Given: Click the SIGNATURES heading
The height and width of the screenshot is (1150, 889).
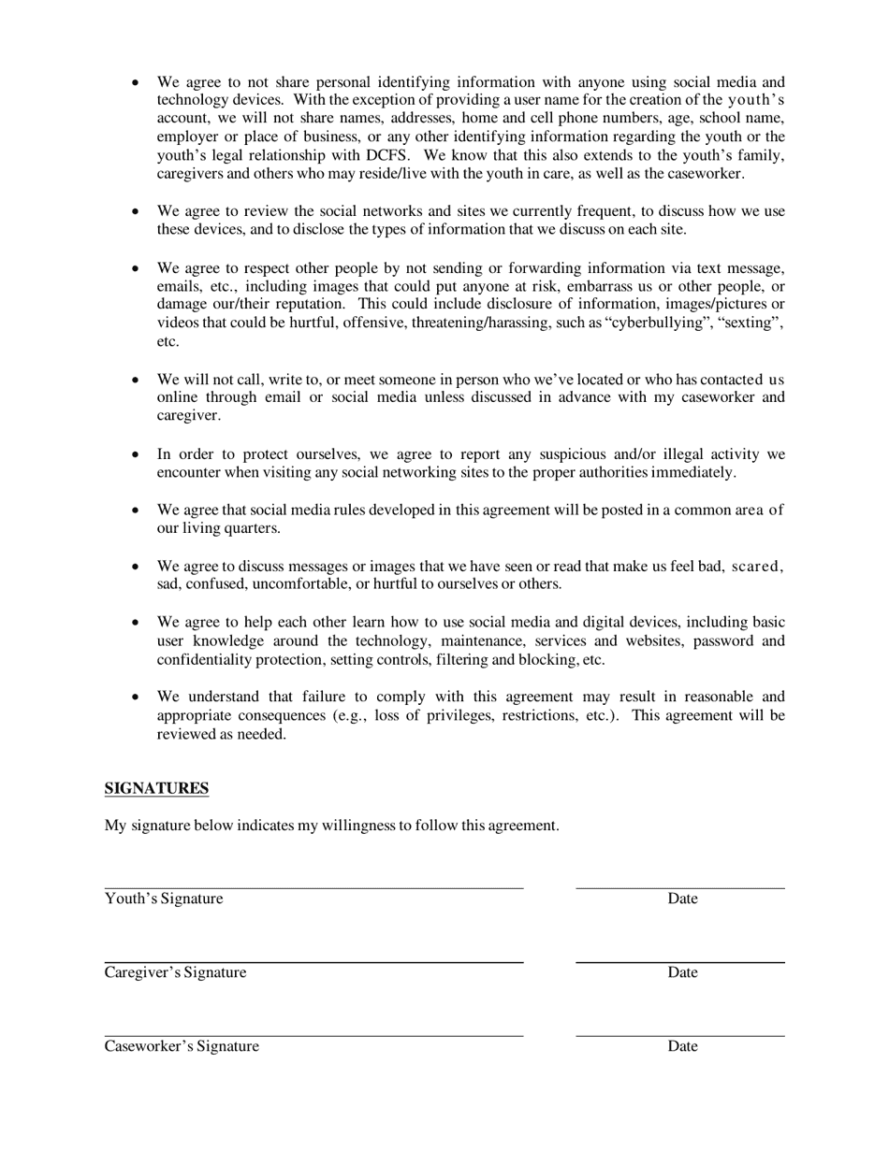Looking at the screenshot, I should tap(156, 788).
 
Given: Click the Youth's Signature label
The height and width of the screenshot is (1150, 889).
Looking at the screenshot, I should tap(164, 898).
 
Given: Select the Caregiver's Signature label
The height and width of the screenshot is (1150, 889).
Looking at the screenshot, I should tap(176, 972).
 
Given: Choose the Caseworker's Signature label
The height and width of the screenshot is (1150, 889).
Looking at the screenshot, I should tap(182, 1046).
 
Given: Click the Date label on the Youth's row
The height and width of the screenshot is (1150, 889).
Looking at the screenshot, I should tap(682, 898).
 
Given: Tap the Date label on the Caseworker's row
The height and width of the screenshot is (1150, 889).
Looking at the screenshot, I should tap(682, 1046).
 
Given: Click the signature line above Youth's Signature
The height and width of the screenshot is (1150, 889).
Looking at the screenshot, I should tap(313, 888).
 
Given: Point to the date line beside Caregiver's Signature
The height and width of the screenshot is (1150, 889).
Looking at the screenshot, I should tap(679, 962).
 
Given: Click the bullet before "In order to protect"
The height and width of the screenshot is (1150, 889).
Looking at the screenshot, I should tap(136, 454).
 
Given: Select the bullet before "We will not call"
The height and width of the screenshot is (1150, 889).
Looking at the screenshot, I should tap(136, 380).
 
